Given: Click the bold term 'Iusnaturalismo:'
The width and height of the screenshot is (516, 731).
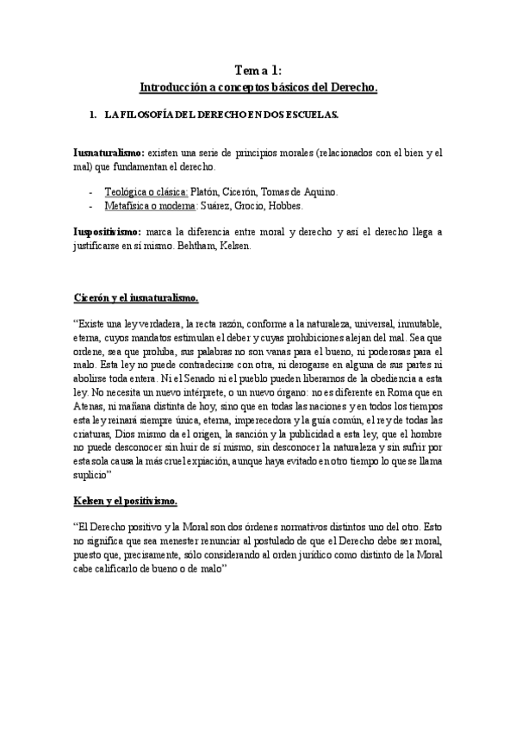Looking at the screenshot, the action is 109,153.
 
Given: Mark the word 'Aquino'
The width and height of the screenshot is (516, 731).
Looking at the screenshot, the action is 320,193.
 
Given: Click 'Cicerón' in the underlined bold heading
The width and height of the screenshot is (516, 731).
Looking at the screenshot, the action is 93,298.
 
